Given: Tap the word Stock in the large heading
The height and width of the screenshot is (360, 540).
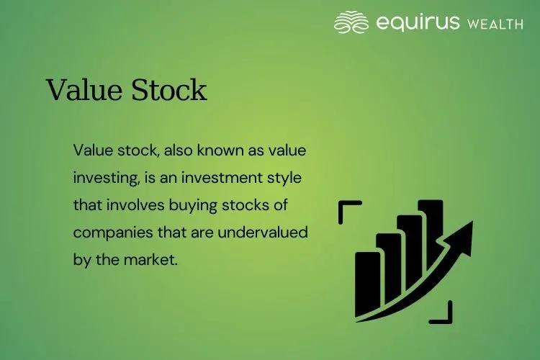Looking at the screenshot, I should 166,90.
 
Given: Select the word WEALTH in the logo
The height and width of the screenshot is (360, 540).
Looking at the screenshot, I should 495,24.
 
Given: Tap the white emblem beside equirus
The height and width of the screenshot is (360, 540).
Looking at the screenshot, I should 351,22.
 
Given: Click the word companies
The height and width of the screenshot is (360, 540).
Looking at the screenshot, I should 109,233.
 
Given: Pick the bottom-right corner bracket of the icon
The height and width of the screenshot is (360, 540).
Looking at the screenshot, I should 445,312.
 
